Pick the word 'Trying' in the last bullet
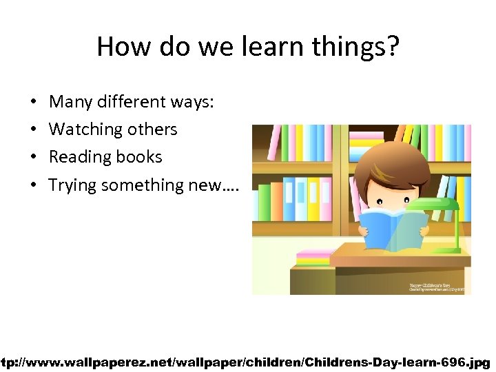pos(72,185)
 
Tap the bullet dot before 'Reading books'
pos(33,158)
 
